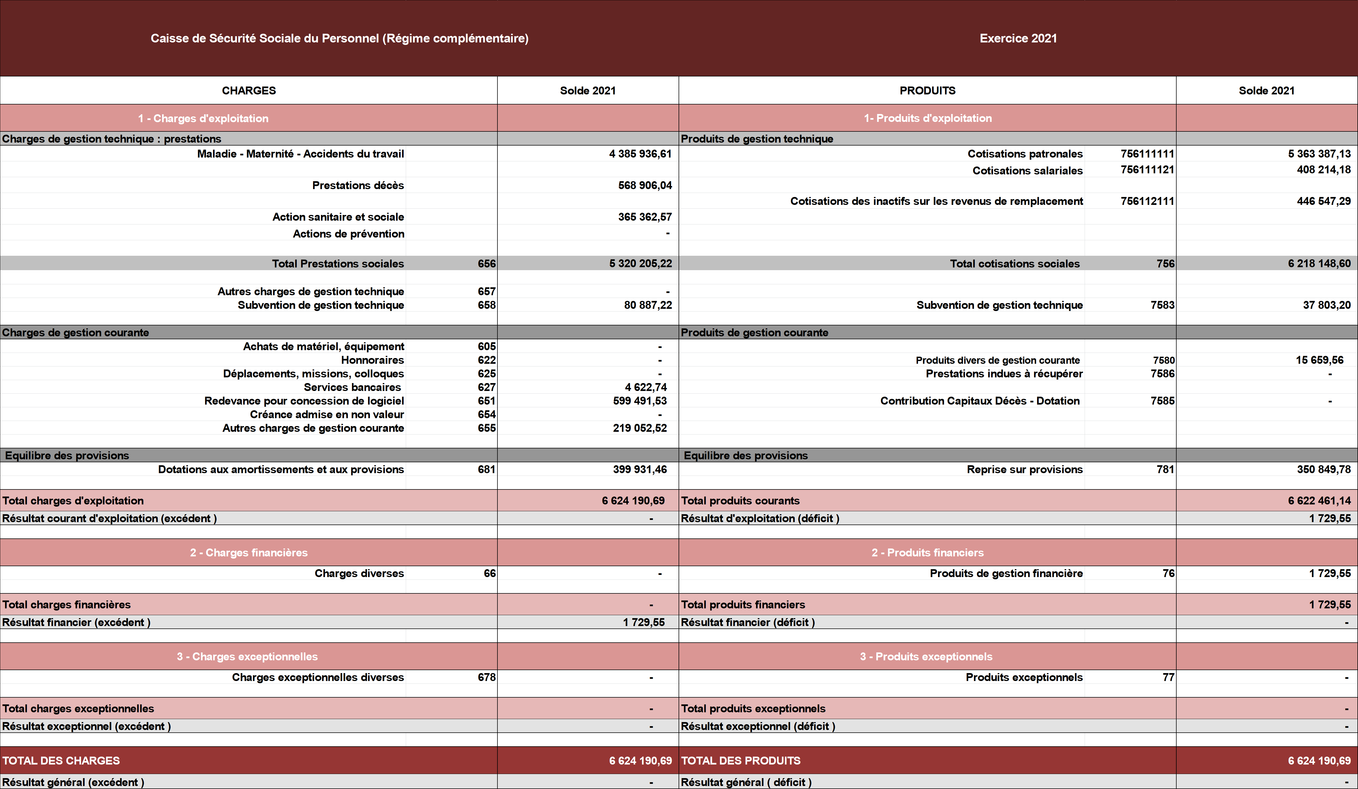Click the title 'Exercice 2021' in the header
point(1018,38)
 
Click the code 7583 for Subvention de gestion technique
point(1162,305)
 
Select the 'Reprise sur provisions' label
point(1025,469)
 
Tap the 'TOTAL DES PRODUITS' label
point(741,760)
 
